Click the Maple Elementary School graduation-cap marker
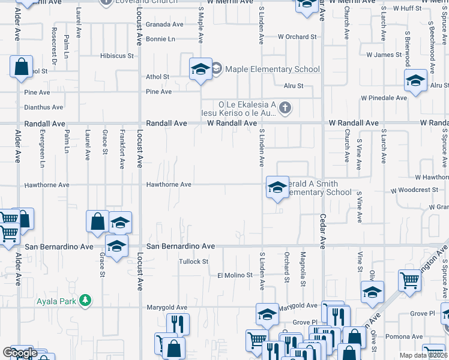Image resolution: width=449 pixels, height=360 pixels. tap(200, 69)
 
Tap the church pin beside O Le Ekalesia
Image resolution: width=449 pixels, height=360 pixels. tap(285, 108)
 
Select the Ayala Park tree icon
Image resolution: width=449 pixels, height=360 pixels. tap(86, 301)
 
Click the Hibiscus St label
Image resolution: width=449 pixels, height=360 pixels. tap(116, 56)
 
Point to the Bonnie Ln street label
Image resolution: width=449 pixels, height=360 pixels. tap(160, 39)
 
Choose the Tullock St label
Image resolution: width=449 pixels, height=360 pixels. tap(193, 262)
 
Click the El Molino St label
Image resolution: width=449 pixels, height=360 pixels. tap(232, 275)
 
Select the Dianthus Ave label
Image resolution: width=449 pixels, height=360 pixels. tap(43, 107)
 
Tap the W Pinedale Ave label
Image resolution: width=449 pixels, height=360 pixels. tap(384, 98)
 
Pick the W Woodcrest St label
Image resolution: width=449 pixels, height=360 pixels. tap(414, 190)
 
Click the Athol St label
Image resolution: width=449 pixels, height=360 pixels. tap(158, 77)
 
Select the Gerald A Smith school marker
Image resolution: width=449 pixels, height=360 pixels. tap(277, 188)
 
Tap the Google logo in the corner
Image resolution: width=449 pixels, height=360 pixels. tap(19, 352)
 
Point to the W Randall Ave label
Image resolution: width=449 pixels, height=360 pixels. tap(232, 123)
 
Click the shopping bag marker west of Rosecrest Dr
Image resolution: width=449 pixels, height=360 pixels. tap(21, 68)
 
